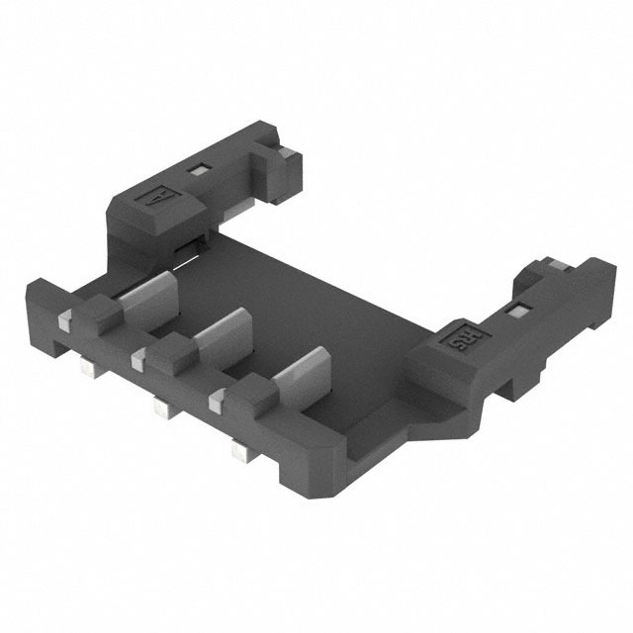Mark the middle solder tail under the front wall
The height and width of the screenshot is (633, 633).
(x=159, y=407)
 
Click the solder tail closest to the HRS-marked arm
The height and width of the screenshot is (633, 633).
(x=237, y=452)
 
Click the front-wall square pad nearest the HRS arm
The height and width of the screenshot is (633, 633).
(x=217, y=402)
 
